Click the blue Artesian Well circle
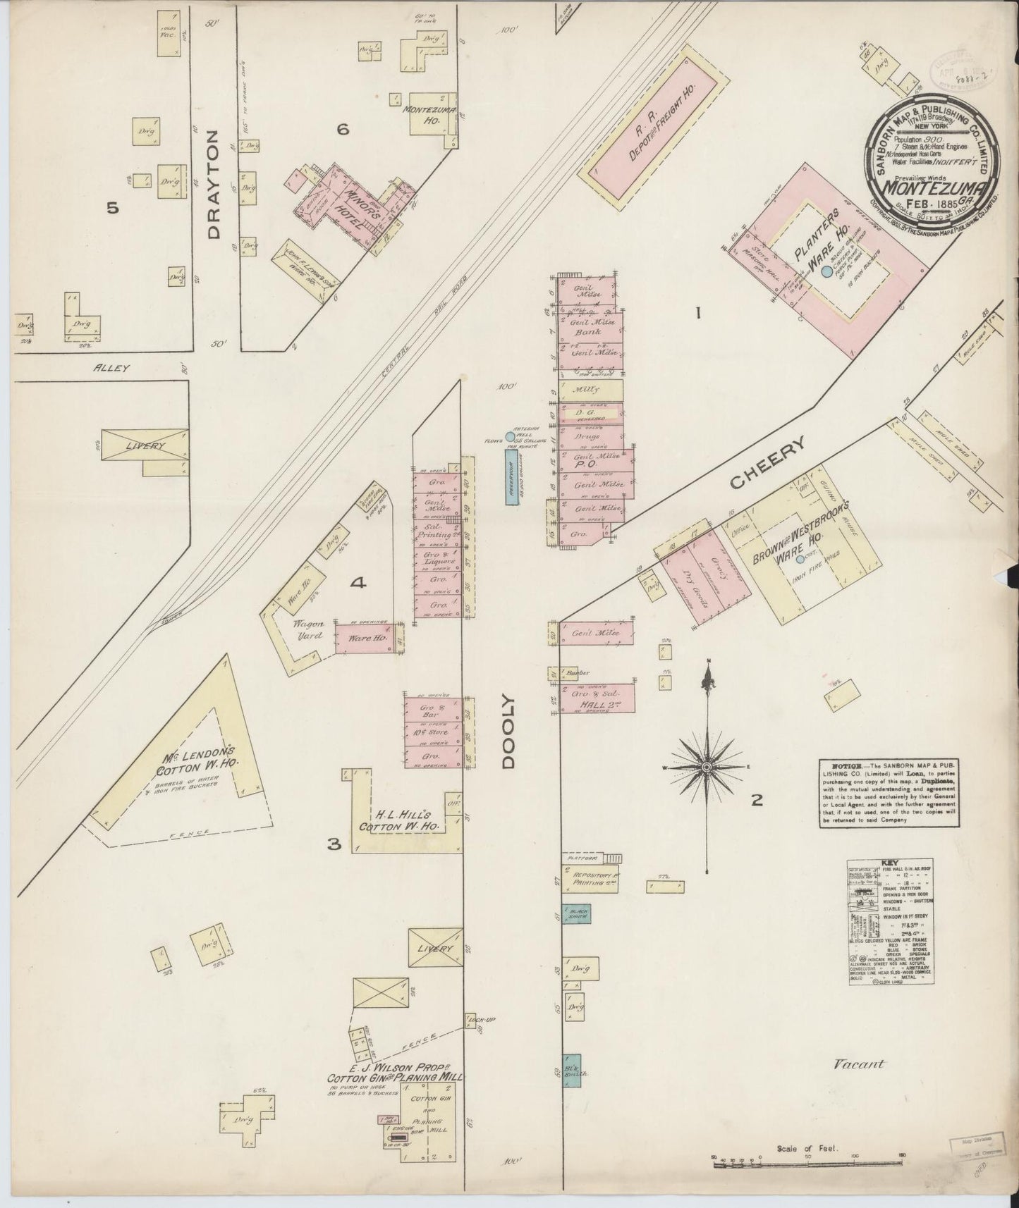(x=510, y=437)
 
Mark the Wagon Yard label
(x=309, y=629)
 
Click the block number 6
(x=343, y=129)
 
